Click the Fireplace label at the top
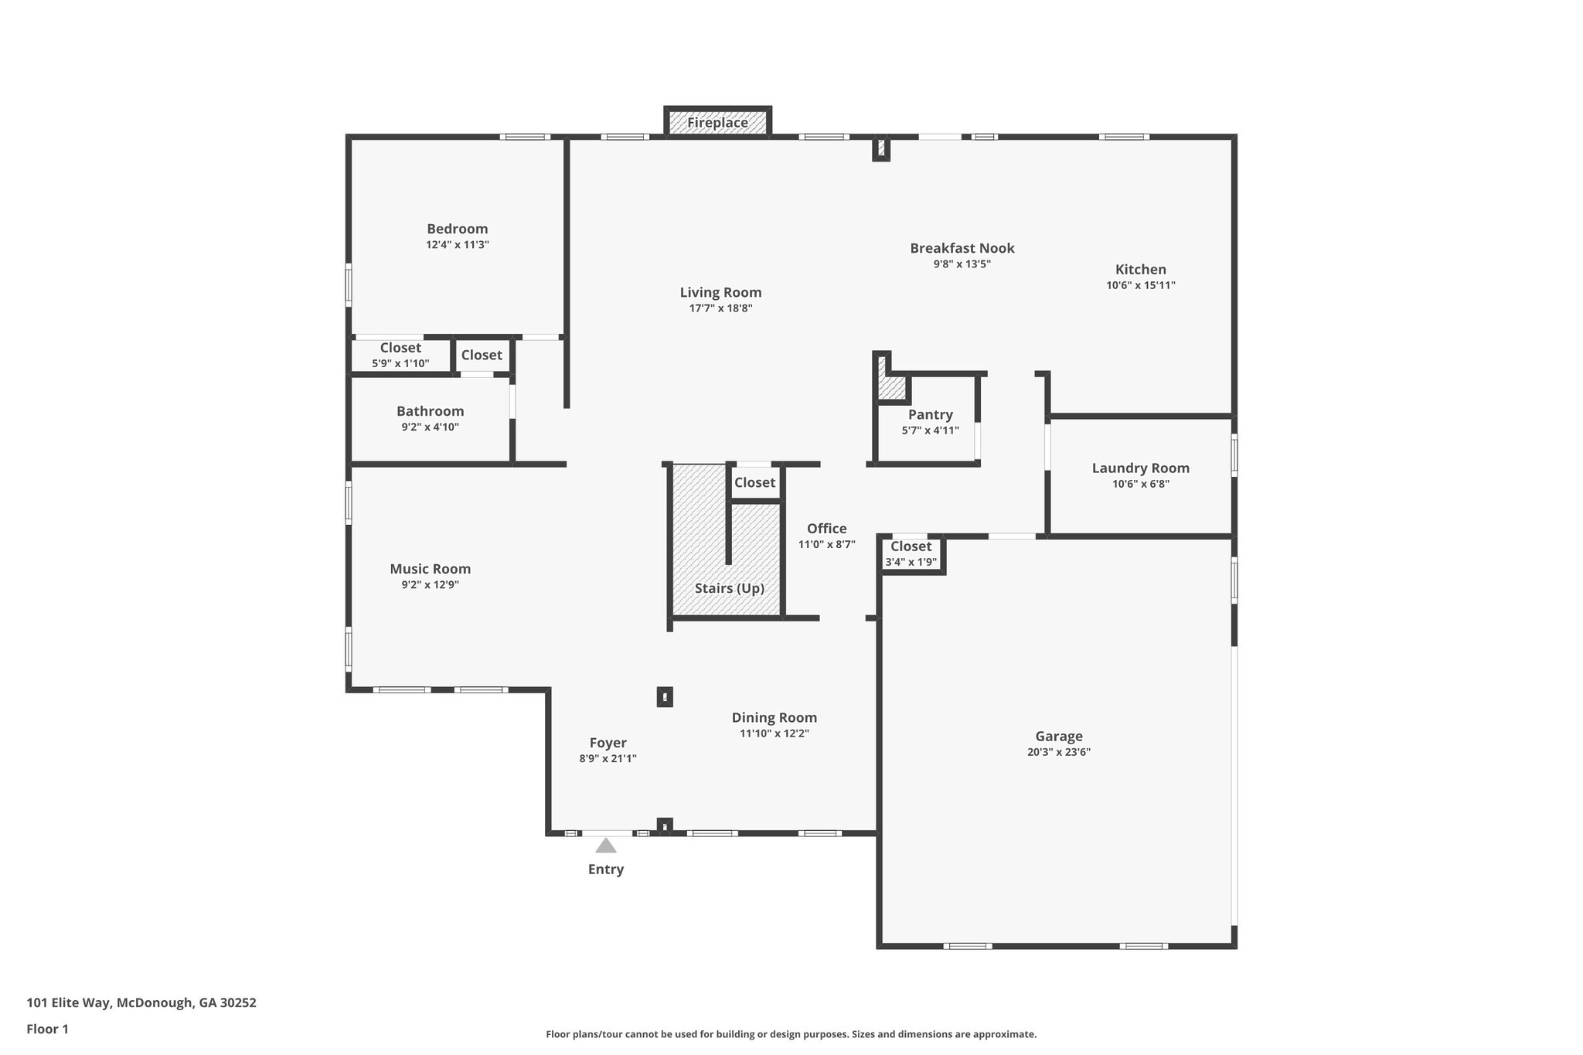point(717,123)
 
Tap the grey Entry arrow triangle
point(605,846)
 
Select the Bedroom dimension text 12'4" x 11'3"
point(457,245)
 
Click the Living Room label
point(720,292)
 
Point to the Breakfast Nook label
point(962,248)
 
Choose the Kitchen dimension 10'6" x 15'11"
point(1140,285)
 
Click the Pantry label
point(930,414)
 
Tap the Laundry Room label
point(1140,468)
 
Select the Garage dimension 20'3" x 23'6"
point(1058,752)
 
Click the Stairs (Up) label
point(729,588)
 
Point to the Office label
point(826,529)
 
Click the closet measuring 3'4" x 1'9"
point(911,554)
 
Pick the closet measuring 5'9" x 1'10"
point(400,356)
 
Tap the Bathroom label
point(430,411)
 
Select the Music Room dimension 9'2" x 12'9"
point(430,585)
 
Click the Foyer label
point(608,743)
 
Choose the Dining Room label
point(774,717)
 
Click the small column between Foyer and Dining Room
point(665,697)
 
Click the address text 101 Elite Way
point(141,1002)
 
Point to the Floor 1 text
point(47,1029)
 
